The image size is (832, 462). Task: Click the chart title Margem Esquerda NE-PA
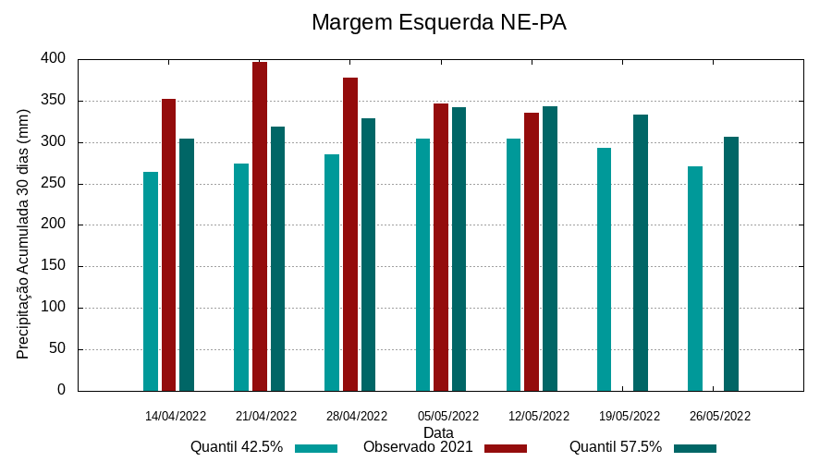(438, 22)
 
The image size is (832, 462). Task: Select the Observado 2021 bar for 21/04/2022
(260, 226)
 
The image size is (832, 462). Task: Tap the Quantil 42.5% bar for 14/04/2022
(151, 281)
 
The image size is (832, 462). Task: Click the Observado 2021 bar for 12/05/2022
(532, 251)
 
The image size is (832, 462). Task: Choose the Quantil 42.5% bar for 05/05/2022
(422, 264)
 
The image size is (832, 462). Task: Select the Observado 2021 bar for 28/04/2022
(350, 234)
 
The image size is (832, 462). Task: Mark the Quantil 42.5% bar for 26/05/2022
(695, 278)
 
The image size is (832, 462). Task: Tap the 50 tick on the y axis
(57, 349)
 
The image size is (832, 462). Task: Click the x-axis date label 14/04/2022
(176, 416)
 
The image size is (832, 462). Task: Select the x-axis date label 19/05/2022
(630, 416)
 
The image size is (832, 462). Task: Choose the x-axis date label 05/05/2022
(448, 416)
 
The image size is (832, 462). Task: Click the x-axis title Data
(438, 432)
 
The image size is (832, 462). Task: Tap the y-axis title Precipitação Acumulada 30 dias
(23, 233)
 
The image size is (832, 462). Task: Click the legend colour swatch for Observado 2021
(506, 448)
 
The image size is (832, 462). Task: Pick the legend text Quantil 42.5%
(237, 447)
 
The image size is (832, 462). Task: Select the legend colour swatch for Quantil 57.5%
(695, 448)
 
